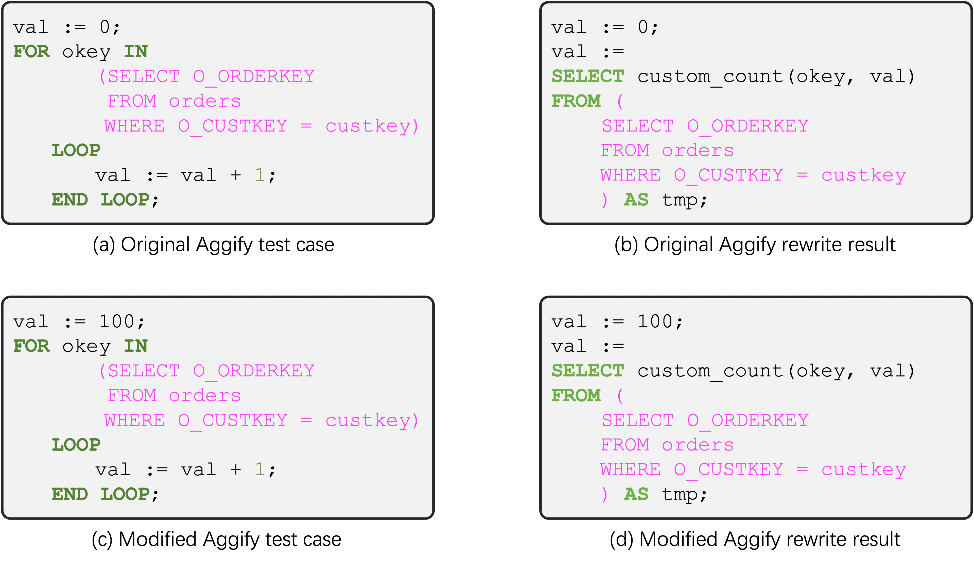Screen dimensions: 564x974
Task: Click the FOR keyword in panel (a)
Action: point(31,52)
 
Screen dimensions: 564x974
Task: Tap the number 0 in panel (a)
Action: point(105,27)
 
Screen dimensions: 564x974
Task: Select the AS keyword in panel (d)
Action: point(636,494)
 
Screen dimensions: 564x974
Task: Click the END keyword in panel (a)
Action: point(69,200)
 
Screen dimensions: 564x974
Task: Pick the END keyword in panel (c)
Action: point(69,494)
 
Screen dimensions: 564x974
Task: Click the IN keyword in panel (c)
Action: point(136,346)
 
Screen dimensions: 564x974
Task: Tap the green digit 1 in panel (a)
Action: point(259,175)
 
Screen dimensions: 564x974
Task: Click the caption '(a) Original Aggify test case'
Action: point(214,245)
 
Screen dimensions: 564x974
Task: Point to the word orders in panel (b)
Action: point(698,151)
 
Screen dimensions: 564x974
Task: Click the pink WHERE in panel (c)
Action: point(134,421)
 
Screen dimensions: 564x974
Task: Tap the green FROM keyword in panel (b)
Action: point(576,101)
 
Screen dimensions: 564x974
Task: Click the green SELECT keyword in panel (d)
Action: point(587,371)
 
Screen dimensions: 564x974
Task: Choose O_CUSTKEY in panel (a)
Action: point(233,126)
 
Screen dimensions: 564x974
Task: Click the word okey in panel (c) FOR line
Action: point(86,346)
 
